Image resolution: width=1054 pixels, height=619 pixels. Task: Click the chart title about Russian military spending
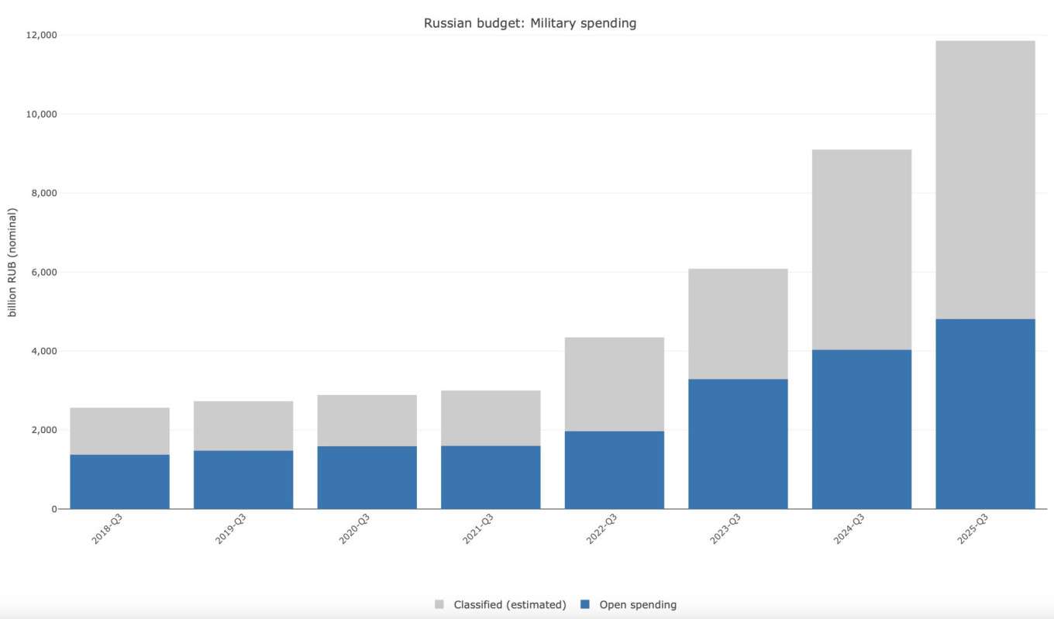coord(529,23)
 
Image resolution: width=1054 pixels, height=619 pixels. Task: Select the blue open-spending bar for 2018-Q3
coord(119,481)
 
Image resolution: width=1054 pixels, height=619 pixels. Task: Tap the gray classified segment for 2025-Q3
coord(985,180)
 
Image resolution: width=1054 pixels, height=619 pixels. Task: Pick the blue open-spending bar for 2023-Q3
coord(738,443)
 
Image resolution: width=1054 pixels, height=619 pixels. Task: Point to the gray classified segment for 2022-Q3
coord(614,384)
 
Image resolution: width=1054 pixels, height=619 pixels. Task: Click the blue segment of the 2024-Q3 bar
coord(861,428)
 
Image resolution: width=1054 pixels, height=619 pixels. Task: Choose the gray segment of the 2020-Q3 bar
coord(367,421)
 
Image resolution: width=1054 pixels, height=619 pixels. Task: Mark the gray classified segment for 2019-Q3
coord(243,425)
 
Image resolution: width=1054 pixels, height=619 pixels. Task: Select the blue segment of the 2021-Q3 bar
coord(491,476)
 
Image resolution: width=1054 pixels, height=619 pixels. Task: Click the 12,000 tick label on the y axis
coord(41,35)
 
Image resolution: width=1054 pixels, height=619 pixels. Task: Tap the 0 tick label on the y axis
coord(54,509)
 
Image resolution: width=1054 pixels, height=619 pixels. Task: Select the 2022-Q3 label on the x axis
coord(601,528)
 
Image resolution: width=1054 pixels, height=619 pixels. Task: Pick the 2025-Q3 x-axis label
coord(972,528)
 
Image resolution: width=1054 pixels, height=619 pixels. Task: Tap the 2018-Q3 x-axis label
coord(107,528)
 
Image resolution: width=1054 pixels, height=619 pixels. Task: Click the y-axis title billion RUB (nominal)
coord(12,263)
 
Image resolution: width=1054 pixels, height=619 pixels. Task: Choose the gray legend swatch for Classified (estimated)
coord(439,604)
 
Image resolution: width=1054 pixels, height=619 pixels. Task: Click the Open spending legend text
coord(638,604)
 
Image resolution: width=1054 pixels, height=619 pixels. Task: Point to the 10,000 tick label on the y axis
coord(41,114)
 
